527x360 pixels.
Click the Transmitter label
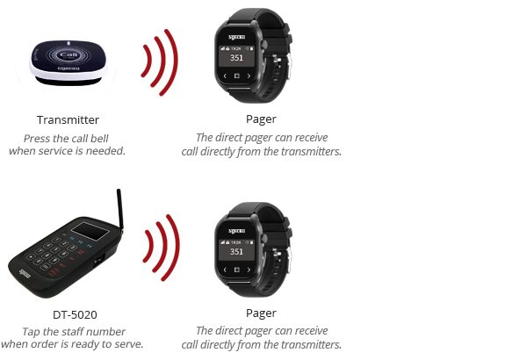(68, 120)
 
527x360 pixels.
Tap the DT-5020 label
(75, 314)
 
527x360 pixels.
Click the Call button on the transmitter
(69, 54)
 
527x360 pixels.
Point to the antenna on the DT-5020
(119, 209)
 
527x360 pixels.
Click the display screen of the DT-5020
(90, 231)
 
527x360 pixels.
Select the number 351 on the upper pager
(236, 58)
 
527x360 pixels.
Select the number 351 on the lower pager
(236, 251)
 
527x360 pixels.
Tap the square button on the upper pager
(236, 76)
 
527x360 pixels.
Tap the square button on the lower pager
(236, 270)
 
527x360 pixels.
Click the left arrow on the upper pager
(225, 76)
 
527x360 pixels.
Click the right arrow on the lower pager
(249, 270)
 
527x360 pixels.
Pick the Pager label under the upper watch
(261, 119)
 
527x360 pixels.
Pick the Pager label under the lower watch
(261, 313)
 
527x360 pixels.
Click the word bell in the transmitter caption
(99, 139)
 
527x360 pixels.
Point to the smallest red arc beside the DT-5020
(150, 245)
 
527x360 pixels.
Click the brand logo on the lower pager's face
(237, 231)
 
